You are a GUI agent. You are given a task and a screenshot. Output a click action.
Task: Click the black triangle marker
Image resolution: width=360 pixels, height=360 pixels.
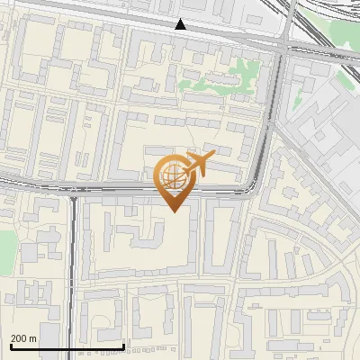181,25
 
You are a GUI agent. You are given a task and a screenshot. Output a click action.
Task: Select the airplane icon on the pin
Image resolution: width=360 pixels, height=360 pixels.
197,164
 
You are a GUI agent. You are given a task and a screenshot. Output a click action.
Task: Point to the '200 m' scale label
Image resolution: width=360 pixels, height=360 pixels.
23,337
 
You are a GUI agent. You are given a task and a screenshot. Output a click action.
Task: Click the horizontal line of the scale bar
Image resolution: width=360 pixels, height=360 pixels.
67,346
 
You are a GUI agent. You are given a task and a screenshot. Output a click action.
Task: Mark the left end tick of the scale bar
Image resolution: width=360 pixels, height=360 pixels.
10,346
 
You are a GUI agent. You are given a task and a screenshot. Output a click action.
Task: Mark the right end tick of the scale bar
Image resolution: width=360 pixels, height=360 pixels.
123,346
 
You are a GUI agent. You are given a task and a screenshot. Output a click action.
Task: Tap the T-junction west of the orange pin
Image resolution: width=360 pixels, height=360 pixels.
74,192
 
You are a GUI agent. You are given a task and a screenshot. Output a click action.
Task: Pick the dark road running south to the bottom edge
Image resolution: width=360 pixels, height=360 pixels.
69,288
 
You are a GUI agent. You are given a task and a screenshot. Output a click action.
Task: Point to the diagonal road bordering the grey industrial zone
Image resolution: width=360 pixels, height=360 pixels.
315,171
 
